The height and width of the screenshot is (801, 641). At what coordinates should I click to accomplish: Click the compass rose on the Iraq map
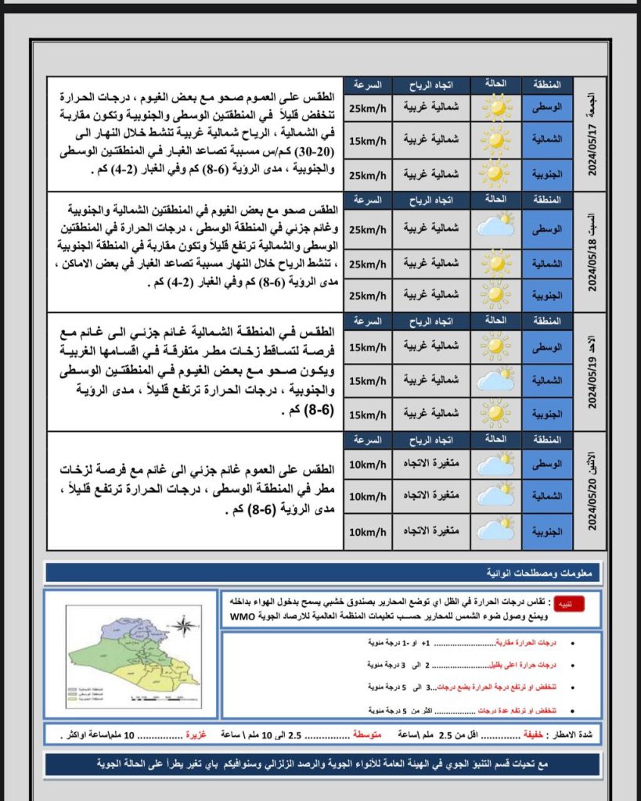tap(183, 625)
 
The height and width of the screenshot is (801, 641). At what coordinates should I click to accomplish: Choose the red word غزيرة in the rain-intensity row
tap(197, 735)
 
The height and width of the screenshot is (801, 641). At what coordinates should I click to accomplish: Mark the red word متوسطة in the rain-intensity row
tap(367, 735)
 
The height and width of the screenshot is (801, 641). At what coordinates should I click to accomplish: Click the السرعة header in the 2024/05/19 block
tap(368, 321)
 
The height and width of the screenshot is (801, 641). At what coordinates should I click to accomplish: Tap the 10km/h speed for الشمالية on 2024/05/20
tap(368, 497)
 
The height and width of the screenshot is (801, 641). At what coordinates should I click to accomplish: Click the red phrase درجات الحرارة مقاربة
tap(530, 642)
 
